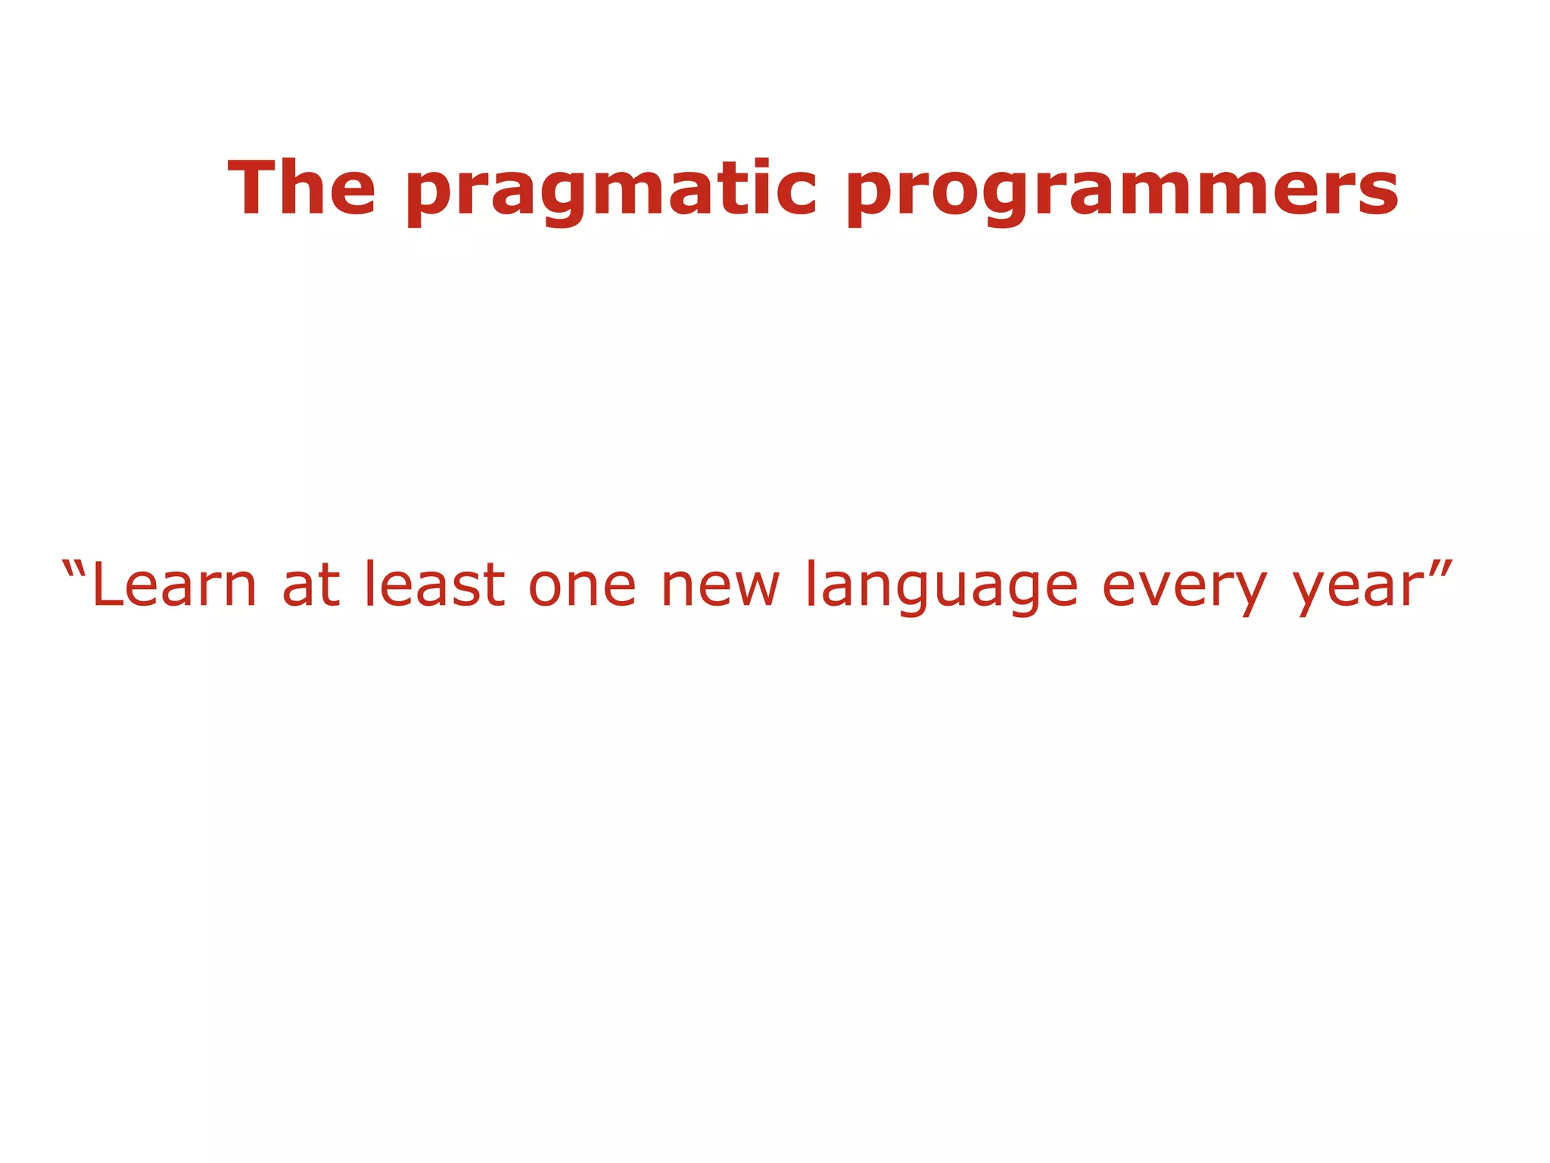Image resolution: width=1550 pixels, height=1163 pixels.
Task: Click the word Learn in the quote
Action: click(174, 585)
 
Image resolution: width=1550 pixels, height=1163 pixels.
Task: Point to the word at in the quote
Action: click(311, 585)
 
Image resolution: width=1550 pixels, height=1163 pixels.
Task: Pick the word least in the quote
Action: click(434, 585)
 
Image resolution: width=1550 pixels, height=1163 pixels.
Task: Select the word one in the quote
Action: click(582, 585)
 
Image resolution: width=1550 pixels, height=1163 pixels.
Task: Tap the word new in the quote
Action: click(720, 585)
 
